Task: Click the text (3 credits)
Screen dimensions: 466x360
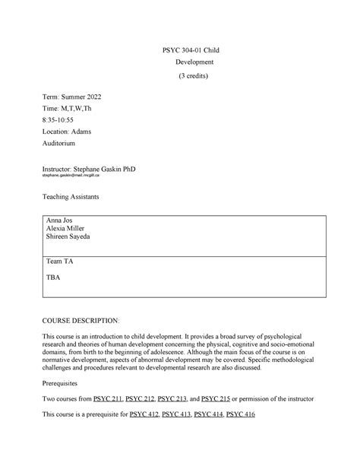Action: pos(194,77)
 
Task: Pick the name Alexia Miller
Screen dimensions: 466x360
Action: pos(67,228)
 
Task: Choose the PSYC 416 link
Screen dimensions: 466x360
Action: pos(241,414)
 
